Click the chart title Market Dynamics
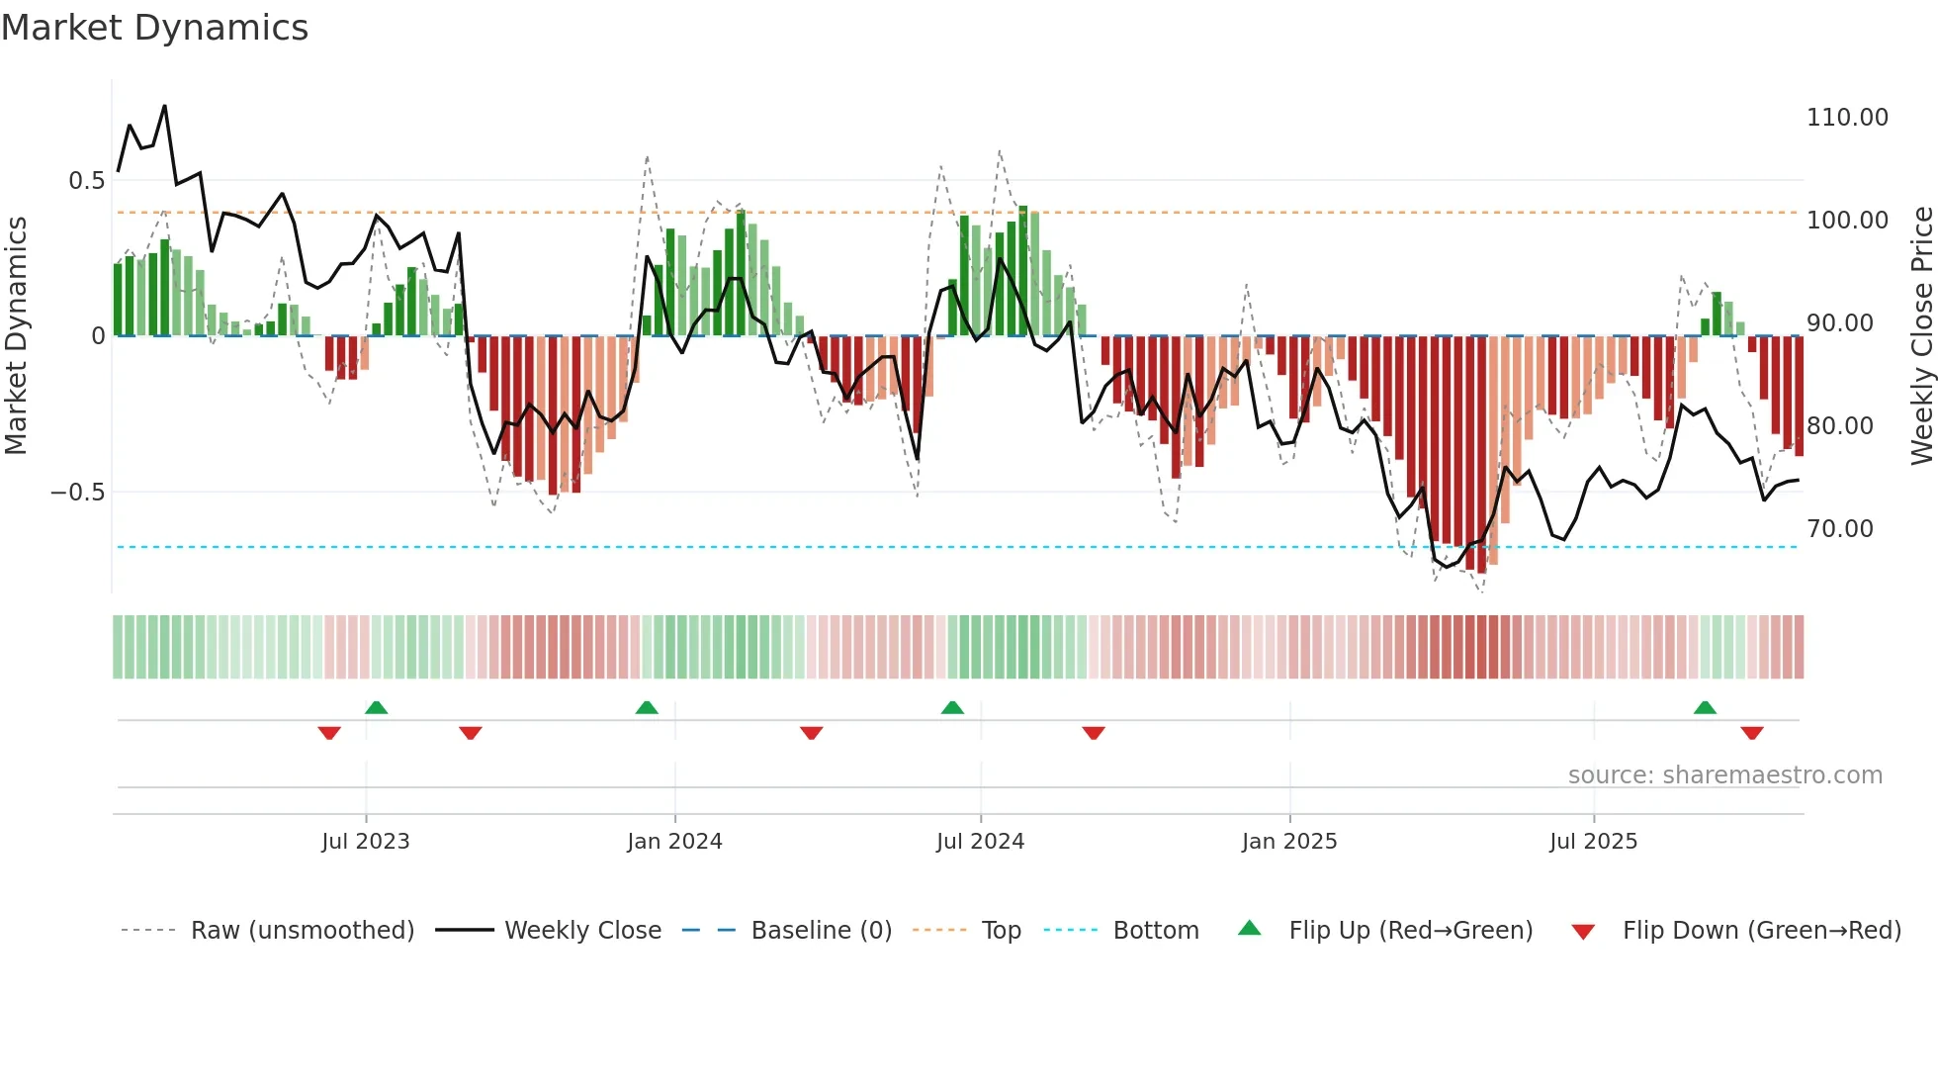click(x=154, y=28)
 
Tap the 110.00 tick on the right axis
click(x=1846, y=118)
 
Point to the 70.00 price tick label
click(x=1839, y=529)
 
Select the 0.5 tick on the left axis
click(x=86, y=181)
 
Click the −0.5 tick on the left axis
click(x=78, y=493)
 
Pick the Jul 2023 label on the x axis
click(x=365, y=842)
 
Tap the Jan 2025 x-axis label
click(x=1288, y=842)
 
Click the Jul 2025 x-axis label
click(x=1593, y=842)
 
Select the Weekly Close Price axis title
click(x=1921, y=335)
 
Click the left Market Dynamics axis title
click(x=16, y=335)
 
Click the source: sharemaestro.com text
click(x=1724, y=775)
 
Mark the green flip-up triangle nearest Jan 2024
click(x=647, y=707)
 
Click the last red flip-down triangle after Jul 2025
click(x=1751, y=733)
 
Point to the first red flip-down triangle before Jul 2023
click(x=329, y=733)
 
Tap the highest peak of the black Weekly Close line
click(x=164, y=106)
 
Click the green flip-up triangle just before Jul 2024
click(x=952, y=707)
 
